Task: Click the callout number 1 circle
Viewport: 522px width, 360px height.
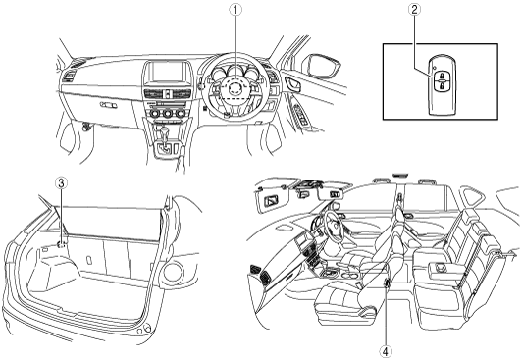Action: tap(235, 10)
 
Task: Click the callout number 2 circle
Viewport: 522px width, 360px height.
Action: tap(414, 10)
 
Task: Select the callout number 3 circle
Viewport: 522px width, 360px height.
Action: tap(61, 182)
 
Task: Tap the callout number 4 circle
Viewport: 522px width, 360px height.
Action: tap(387, 351)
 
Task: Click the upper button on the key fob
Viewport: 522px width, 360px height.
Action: tap(442, 75)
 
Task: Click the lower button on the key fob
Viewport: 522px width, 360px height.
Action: tap(442, 86)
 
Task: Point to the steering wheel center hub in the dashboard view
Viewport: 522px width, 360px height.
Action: tap(235, 88)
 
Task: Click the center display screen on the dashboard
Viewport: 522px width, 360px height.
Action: tap(168, 72)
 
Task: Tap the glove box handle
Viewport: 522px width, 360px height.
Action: tap(109, 105)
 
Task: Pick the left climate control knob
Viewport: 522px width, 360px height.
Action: tap(155, 114)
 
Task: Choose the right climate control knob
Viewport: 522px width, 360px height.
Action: tap(181, 114)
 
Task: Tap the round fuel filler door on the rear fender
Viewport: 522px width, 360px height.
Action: tap(173, 272)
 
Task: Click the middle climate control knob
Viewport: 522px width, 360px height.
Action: tap(168, 114)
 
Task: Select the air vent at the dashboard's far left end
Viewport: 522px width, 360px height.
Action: tap(70, 77)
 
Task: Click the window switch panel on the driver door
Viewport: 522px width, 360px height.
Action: tap(300, 114)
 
